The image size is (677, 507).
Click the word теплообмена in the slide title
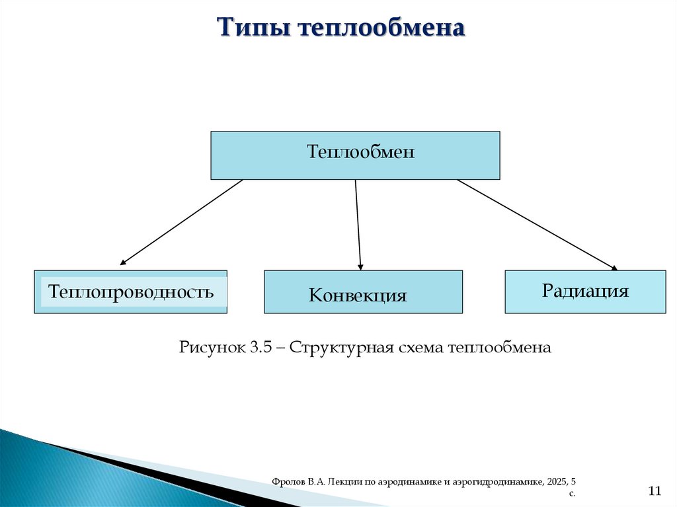(x=381, y=28)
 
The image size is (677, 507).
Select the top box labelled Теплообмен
(x=355, y=155)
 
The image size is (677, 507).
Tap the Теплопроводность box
(x=130, y=292)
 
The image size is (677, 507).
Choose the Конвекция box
(x=363, y=292)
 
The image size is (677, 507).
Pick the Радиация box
(x=585, y=292)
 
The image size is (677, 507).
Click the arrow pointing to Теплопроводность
(x=182, y=223)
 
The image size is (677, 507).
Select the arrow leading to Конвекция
(x=358, y=225)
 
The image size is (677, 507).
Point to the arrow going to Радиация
(x=536, y=224)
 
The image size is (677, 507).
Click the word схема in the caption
(x=420, y=347)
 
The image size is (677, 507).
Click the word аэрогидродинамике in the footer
(x=497, y=483)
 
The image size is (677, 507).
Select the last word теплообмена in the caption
(x=499, y=347)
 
